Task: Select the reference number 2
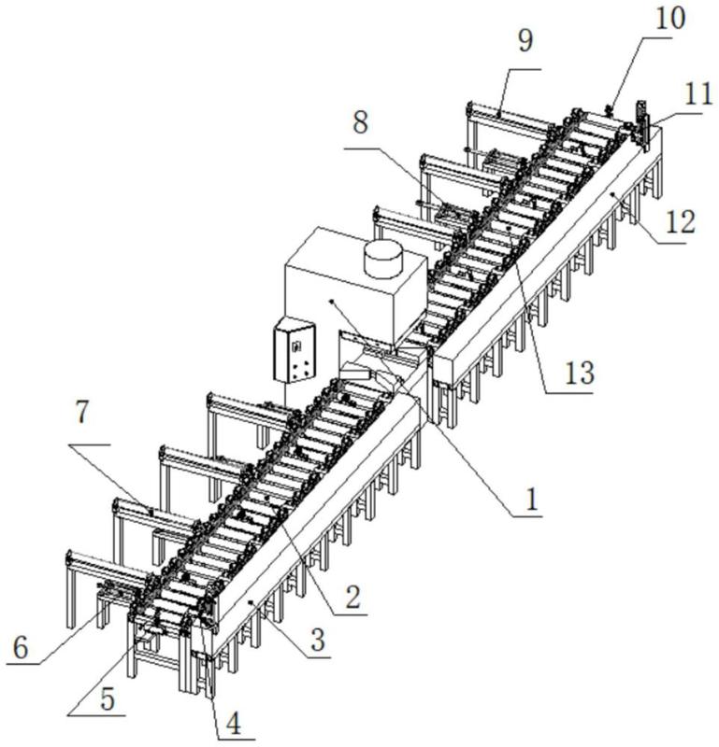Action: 352,598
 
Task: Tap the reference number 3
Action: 318,641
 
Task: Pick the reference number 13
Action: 579,373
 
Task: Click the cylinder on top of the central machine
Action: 382,259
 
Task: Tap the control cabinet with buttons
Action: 294,350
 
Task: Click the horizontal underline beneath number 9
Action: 510,70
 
